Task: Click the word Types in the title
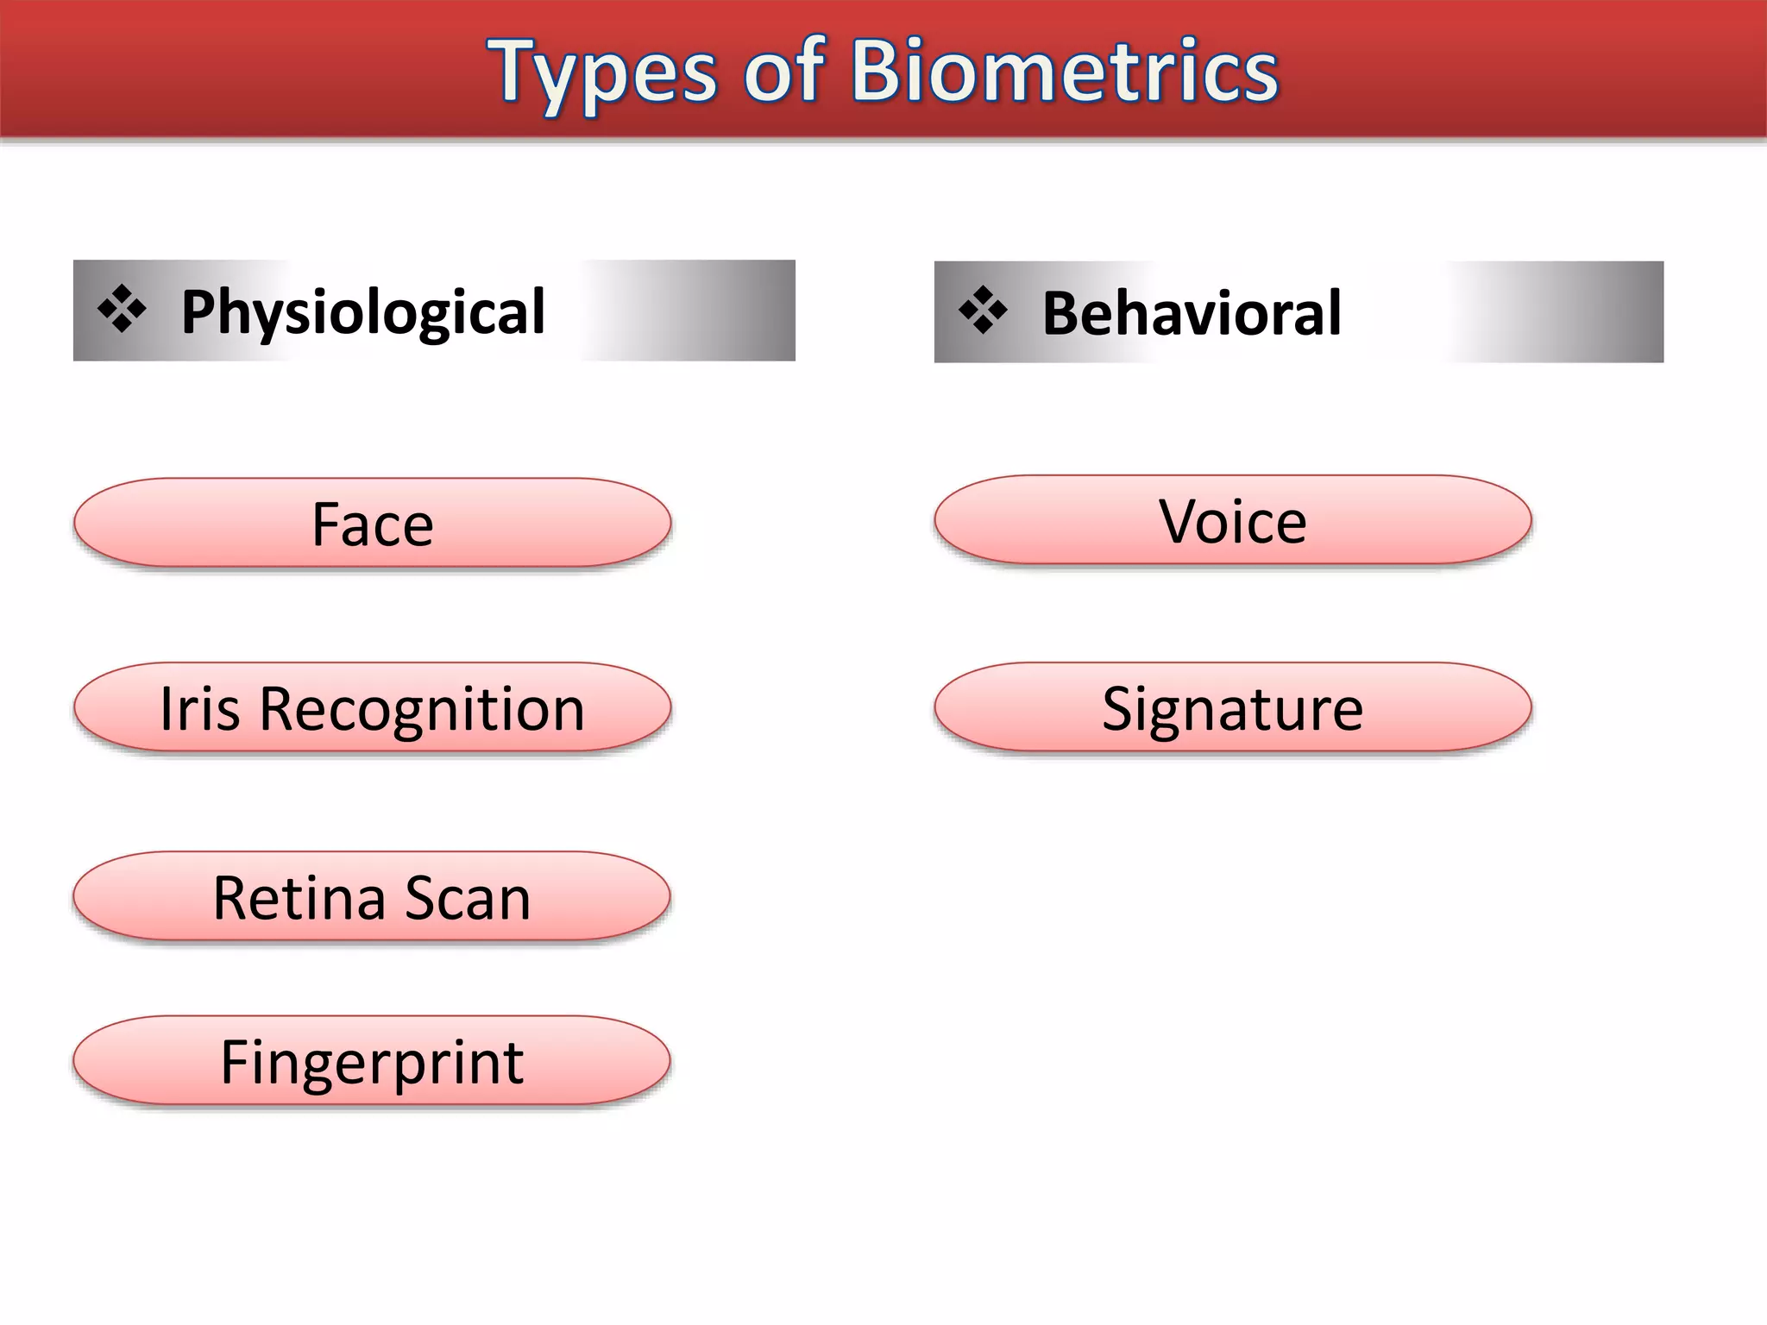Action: pos(601,74)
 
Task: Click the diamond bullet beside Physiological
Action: pos(122,309)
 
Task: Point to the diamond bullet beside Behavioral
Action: pos(983,310)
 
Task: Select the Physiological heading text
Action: pos(362,312)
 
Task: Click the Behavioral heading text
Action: pos(1191,312)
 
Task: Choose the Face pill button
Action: pos(372,524)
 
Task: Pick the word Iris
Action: pos(199,709)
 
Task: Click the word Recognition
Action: pos(422,709)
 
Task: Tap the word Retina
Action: pos(299,898)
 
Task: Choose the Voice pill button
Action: pos(1232,521)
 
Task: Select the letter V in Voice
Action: pos(1179,521)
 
